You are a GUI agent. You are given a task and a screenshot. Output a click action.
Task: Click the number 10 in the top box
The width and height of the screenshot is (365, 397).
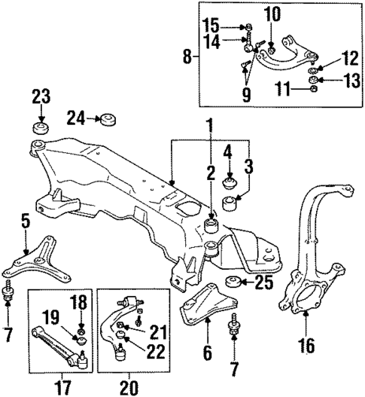point(272,14)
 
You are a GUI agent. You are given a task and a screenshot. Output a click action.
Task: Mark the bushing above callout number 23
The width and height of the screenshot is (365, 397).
point(40,127)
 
